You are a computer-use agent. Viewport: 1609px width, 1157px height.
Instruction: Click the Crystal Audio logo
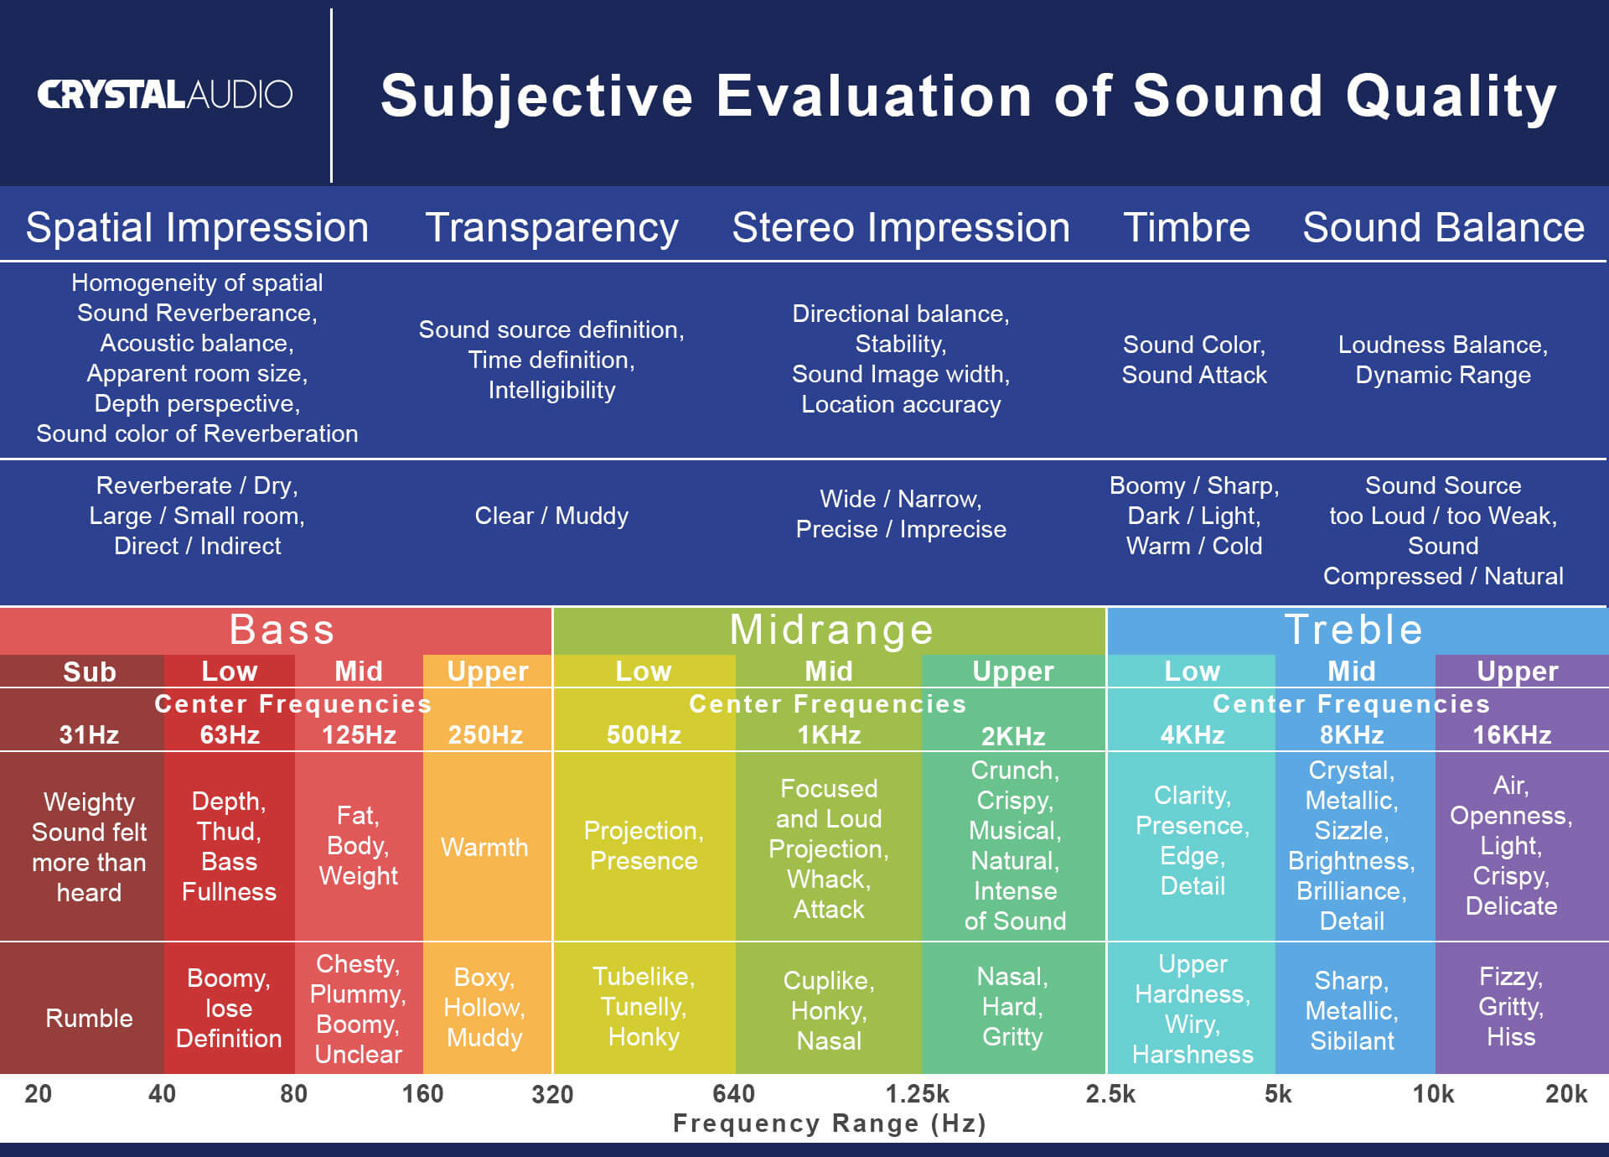[164, 94]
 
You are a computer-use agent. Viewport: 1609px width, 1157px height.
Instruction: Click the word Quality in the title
[1451, 97]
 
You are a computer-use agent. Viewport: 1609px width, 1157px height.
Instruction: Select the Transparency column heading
[551, 228]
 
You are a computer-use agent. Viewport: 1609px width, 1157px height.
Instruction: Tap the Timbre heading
[1186, 228]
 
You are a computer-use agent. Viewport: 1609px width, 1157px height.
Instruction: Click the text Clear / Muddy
[551, 516]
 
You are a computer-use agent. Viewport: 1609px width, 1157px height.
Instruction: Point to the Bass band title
[282, 630]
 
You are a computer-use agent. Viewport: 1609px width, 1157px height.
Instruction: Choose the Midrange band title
[830, 630]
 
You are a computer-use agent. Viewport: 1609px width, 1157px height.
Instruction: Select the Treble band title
[1353, 630]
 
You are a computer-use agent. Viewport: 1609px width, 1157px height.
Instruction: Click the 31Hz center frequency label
[89, 735]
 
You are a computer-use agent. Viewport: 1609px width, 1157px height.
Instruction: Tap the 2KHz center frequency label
[1013, 736]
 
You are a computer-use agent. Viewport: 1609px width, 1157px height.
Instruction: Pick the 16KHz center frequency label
[1512, 735]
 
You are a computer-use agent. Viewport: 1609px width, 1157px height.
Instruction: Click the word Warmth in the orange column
[484, 847]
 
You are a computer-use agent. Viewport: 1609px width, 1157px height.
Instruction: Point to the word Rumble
[89, 1018]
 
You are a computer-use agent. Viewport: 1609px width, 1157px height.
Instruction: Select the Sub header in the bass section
[89, 672]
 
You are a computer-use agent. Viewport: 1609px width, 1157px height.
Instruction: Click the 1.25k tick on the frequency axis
[918, 1094]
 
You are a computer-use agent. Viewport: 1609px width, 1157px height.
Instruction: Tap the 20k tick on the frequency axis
[1565, 1094]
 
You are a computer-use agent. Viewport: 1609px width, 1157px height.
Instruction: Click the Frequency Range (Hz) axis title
[830, 1123]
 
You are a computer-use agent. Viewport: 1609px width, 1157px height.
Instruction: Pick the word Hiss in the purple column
[1511, 1037]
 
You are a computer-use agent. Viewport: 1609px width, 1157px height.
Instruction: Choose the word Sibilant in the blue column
[1352, 1041]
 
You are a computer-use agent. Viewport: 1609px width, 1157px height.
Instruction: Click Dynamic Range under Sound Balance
[1442, 375]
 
